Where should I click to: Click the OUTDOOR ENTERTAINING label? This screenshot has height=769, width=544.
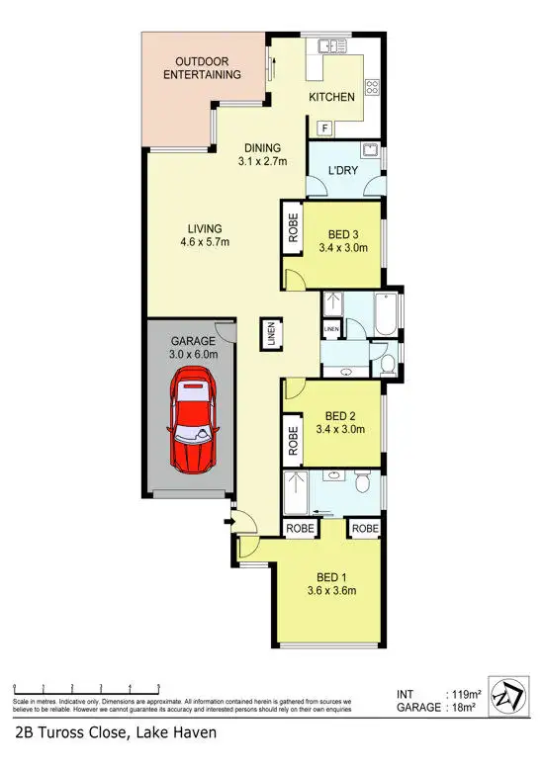[203, 67]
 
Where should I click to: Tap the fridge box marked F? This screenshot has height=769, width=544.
[322, 128]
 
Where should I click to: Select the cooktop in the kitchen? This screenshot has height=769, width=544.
[373, 87]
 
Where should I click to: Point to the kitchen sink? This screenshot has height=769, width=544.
[327, 45]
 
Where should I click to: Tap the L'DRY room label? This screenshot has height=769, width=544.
[341, 170]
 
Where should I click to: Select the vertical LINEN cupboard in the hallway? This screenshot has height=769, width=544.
[270, 333]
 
